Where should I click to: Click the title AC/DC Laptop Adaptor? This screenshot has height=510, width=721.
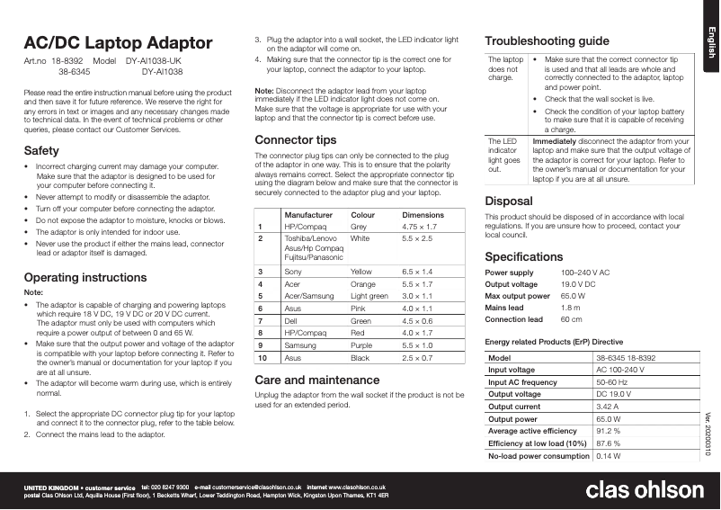pos(118,43)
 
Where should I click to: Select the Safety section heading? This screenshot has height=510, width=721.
pos(41,150)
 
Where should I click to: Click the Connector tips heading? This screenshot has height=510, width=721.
pos(296,140)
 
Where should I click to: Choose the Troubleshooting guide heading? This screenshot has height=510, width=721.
pos(547,41)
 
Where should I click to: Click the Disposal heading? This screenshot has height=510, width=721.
pos(510,201)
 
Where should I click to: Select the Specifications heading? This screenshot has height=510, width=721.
pos(525,256)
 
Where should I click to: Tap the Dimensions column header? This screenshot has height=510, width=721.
pos(423,216)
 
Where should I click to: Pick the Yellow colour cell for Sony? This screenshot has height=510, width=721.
pos(360,271)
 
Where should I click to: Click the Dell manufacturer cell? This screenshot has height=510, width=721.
pos(291,320)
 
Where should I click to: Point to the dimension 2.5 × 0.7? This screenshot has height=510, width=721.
pos(417,358)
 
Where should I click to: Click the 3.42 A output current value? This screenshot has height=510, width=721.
pos(611,407)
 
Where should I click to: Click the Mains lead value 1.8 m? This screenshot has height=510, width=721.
pos(572,308)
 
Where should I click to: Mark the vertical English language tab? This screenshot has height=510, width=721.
pos(709,44)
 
